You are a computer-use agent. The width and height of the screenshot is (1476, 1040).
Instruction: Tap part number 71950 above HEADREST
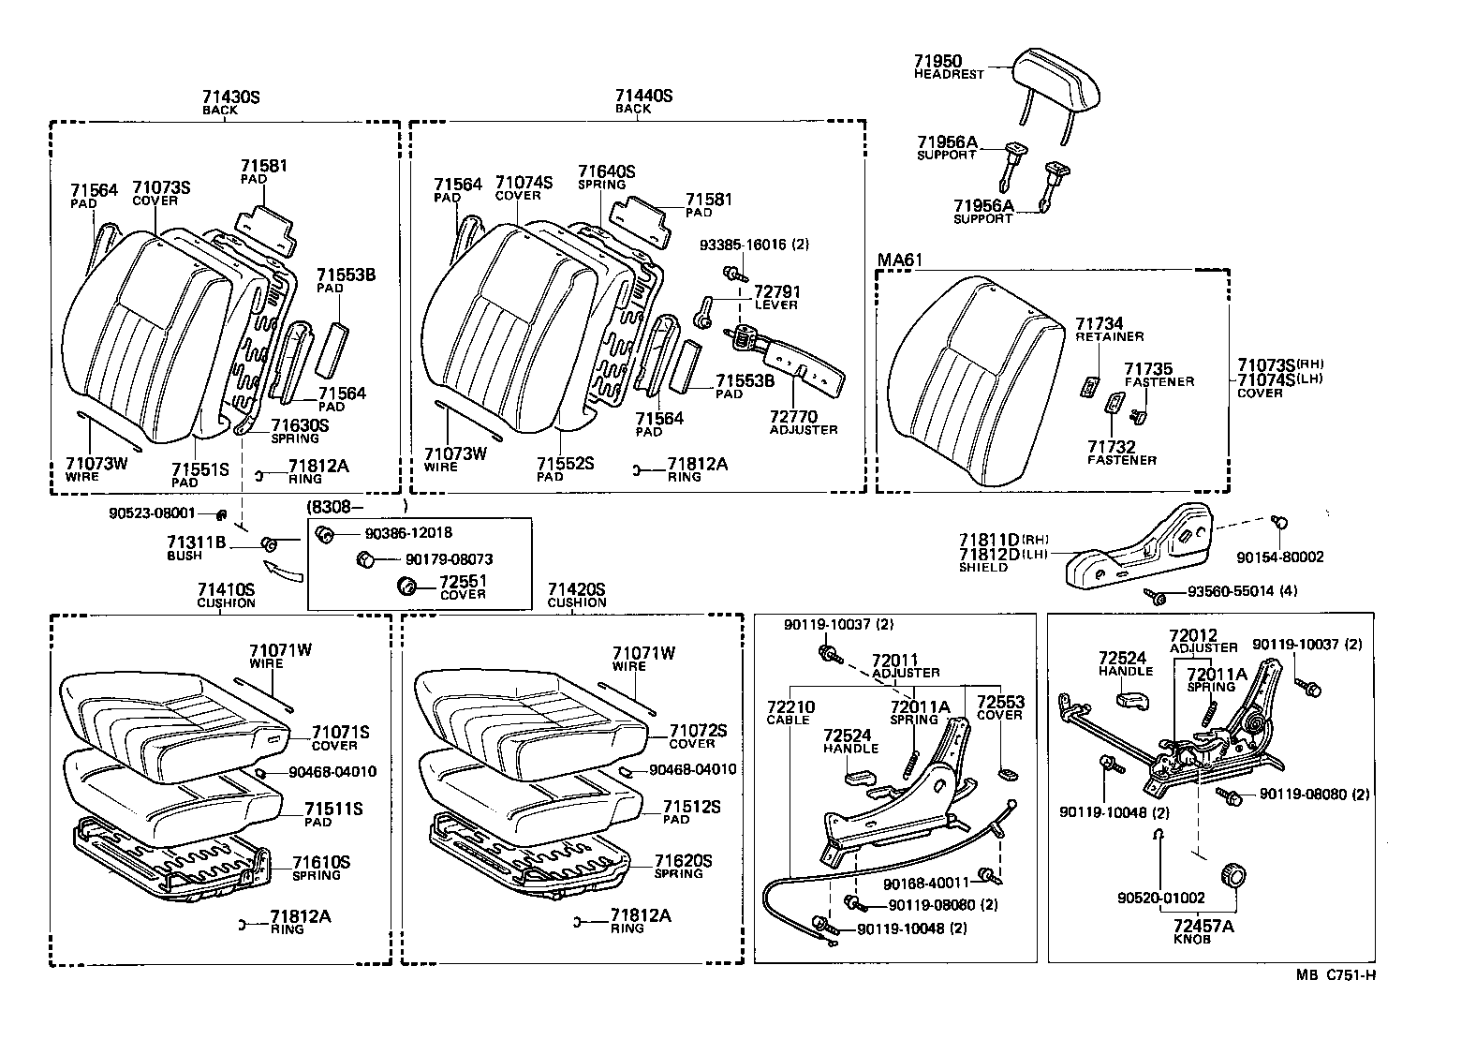point(937,61)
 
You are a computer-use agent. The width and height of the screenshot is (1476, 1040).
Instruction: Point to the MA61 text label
point(896,260)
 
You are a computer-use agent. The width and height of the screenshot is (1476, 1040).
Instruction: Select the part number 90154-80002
point(1280,557)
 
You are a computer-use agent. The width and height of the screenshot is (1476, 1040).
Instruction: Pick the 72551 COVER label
point(463,587)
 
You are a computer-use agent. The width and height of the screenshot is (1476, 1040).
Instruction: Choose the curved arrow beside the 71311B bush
point(285,570)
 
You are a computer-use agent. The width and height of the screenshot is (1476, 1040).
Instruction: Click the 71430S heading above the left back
point(231,97)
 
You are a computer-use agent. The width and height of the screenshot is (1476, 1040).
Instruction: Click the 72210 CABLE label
point(790,713)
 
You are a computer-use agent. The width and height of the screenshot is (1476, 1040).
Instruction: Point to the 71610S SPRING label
point(320,868)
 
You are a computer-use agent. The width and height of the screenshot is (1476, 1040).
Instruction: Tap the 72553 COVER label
point(999,707)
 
